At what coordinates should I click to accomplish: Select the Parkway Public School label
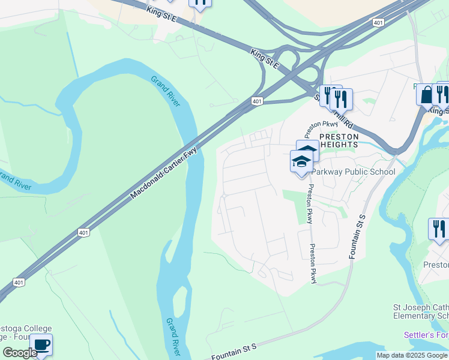(x=353, y=172)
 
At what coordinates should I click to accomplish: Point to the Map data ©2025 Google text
(x=412, y=355)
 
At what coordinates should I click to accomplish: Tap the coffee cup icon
(x=41, y=344)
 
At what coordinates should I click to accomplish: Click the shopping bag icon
(x=426, y=95)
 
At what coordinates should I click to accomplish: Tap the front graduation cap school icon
(x=301, y=161)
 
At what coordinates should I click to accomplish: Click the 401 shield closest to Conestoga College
(x=19, y=282)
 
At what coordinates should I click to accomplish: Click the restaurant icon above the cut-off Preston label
(x=439, y=229)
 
